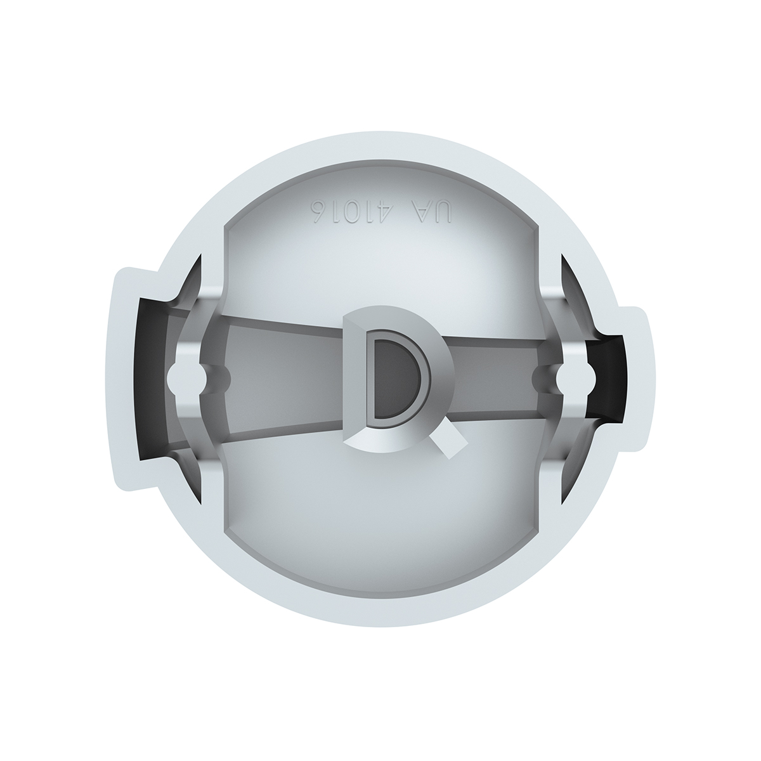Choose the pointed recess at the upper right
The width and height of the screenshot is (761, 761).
[567, 279]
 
